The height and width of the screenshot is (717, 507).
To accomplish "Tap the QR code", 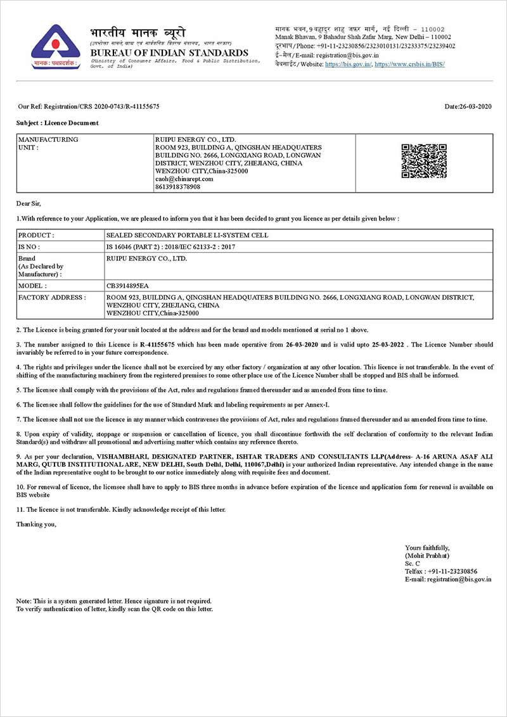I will (x=424, y=161).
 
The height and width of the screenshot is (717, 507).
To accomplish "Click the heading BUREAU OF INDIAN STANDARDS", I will (x=169, y=53).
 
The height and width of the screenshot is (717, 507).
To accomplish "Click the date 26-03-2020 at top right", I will (x=468, y=106).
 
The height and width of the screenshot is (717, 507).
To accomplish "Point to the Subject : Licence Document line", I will (x=58, y=123).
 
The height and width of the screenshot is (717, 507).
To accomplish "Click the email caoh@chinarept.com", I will (x=184, y=179).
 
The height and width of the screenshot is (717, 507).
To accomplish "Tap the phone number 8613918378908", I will (x=177, y=187).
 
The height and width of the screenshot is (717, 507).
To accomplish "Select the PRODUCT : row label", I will (x=36, y=235).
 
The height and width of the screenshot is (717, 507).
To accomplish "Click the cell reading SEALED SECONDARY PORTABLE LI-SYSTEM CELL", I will (x=187, y=235).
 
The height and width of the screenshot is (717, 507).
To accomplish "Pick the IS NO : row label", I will (x=29, y=246).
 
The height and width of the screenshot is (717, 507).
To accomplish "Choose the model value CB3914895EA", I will (x=128, y=286).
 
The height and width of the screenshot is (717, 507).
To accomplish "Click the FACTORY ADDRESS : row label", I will (x=51, y=297).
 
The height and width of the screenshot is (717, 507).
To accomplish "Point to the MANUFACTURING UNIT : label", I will (x=48, y=143).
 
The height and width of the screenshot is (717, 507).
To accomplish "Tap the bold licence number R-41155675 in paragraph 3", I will (x=158, y=345).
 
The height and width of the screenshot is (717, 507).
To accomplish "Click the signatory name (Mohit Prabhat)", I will (x=427, y=555).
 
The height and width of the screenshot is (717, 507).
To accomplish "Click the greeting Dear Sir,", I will (x=29, y=203).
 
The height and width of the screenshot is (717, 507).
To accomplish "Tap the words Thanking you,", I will (x=36, y=524).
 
